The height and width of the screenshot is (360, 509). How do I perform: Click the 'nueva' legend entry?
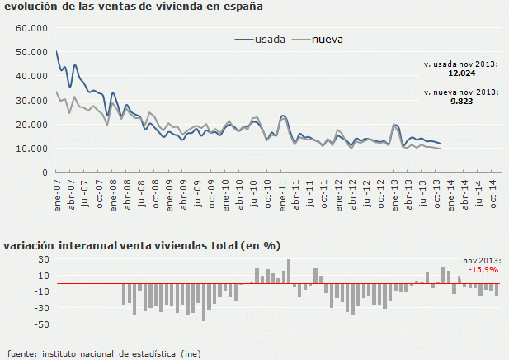[328, 39]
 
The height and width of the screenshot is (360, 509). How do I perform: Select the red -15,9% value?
[483, 269]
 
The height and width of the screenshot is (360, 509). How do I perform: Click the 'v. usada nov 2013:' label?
[460, 64]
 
